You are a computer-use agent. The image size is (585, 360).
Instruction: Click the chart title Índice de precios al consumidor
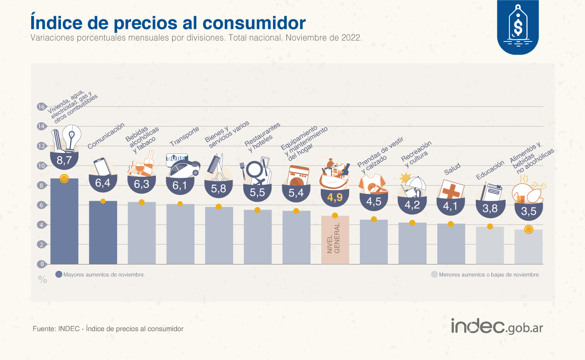pyautogui.click(x=168, y=22)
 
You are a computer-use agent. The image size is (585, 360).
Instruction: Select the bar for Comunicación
pyautogui.click(x=103, y=233)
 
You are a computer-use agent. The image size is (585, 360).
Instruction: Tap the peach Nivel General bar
pyautogui.click(x=335, y=240)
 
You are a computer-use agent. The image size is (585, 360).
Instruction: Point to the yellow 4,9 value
pyautogui.click(x=335, y=197)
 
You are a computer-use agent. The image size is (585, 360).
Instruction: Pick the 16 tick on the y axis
pyautogui.click(x=41, y=107)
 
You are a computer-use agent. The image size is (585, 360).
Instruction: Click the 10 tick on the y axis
pyautogui.click(x=41, y=166)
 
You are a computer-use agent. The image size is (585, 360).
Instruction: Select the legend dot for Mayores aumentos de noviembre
pyautogui.click(x=59, y=274)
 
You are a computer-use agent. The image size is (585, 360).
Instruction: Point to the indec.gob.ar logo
pyautogui.click(x=496, y=326)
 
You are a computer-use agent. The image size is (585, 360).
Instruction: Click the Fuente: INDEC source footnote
pyautogui.click(x=108, y=329)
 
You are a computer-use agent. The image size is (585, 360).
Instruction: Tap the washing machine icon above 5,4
pyautogui.click(x=298, y=176)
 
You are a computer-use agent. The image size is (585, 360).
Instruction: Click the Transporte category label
pyautogui.click(x=184, y=136)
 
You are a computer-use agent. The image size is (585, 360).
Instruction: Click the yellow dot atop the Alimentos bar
pyautogui.click(x=528, y=229)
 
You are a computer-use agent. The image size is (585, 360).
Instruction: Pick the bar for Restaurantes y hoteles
pyautogui.click(x=257, y=237)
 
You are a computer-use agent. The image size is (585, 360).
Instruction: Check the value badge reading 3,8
pyautogui.click(x=490, y=209)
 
